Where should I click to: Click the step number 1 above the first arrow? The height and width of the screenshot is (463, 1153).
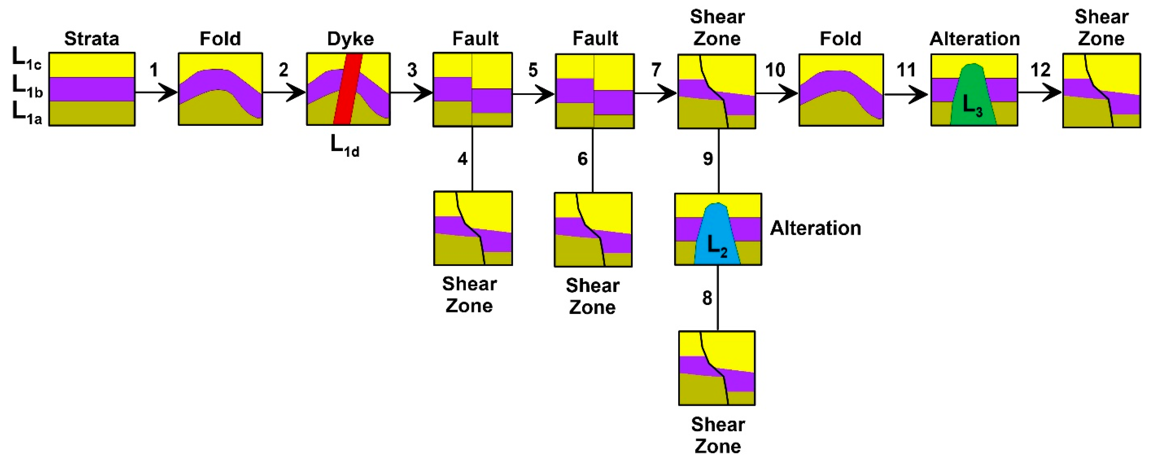pyautogui.click(x=154, y=70)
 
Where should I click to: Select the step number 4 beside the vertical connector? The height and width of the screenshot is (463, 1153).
pyautogui.click(x=462, y=159)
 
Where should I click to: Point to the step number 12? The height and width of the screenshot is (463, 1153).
pyautogui.click(x=1040, y=70)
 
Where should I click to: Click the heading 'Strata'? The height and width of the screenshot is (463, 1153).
pyautogui.click(x=92, y=39)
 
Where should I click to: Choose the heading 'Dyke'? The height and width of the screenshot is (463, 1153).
pyautogui.click(x=350, y=39)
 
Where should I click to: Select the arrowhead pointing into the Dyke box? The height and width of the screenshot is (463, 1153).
pyautogui.click(x=298, y=93)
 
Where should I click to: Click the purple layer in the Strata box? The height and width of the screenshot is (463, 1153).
pyautogui.click(x=92, y=89)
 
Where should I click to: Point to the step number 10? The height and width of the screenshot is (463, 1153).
pyautogui.click(x=775, y=70)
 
